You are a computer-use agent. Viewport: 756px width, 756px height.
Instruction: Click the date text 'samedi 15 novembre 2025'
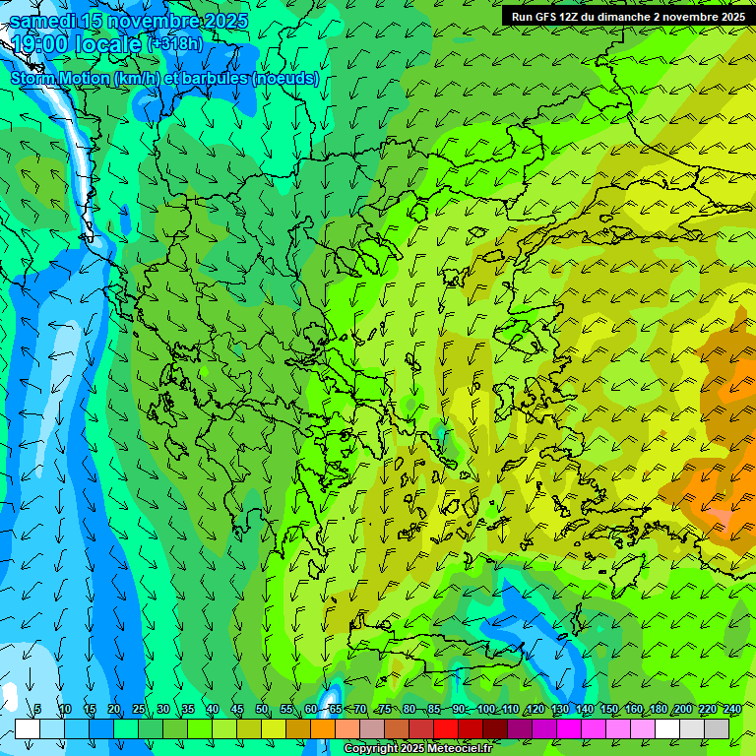pyautogui.click(x=129, y=21)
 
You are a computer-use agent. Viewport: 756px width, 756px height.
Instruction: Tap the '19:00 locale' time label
pyautogui.click(x=77, y=43)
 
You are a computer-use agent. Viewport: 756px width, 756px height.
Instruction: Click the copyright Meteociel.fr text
pyautogui.click(x=418, y=749)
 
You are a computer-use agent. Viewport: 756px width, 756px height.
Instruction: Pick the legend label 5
pyautogui.click(x=37, y=710)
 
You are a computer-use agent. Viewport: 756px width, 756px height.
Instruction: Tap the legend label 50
pyautogui.click(x=262, y=710)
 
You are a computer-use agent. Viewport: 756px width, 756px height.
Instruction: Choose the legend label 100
pyautogui.click(x=486, y=710)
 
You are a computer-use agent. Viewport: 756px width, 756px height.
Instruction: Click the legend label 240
pyautogui.click(x=732, y=710)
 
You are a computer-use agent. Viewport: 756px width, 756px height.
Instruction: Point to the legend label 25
pyautogui.click(x=139, y=710)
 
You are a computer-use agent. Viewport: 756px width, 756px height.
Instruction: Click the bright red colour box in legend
pyautogui.click(x=446, y=728)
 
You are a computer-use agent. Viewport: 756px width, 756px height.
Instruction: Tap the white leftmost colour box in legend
pyautogui.click(x=28, y=728)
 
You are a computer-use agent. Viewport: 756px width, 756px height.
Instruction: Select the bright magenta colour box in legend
pyautogui.click(x=569, y=728)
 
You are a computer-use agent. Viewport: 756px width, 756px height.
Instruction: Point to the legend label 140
pyautogui.click(x=585, y=710)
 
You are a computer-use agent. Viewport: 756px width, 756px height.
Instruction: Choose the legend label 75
pyautogui.click(x=385, y=710)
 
